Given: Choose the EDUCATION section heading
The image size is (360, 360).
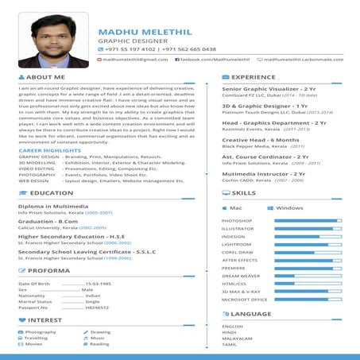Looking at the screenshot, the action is click(51, 193).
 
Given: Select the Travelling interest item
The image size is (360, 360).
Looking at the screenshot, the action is click(37, 338).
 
